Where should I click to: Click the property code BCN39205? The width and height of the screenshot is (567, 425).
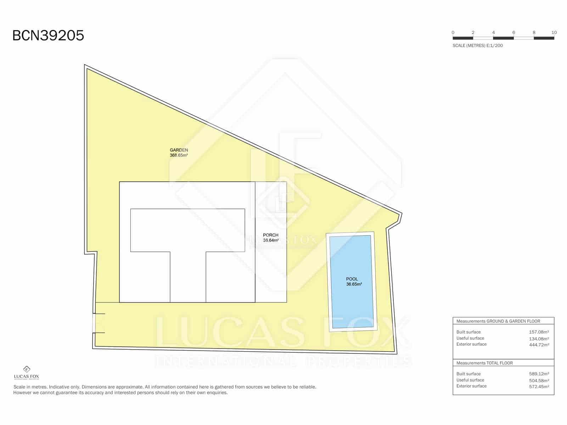click(x=48, y=36)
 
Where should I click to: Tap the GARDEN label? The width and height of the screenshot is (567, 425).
click(x=179, y=150)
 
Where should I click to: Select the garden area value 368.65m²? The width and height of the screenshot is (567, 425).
click(x=179, y=155)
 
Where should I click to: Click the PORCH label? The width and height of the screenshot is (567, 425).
click(x=270, y=235)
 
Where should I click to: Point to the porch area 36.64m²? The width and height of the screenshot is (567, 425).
click(x=271, y=240)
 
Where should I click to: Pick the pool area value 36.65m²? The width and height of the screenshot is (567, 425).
click(x=354, y=284)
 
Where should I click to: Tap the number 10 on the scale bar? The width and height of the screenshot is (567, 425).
click(x=554, y=33)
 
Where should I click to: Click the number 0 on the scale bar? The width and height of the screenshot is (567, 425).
click(x=453, y=33)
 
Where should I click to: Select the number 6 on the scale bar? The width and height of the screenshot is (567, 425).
click(x=513, y=33)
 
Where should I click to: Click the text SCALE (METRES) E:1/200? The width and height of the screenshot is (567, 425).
click(x=477, y=46)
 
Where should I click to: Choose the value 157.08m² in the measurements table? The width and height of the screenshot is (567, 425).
click(x=539, y=332)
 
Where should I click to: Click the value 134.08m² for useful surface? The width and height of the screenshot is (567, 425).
click(x=539, y=339)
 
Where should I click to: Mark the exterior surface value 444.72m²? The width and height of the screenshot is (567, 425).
click(x=539, y=345)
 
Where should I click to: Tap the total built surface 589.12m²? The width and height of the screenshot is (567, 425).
click(x=539, y=374)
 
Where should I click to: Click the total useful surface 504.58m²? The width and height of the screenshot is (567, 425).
click(x=539, y=380)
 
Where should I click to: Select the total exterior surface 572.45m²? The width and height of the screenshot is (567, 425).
click(x=539, y=386)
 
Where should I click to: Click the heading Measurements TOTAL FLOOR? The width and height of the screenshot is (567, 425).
click(x=484, y=363)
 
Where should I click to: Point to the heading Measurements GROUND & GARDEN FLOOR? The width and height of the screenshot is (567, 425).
click(x=498, y=321)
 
